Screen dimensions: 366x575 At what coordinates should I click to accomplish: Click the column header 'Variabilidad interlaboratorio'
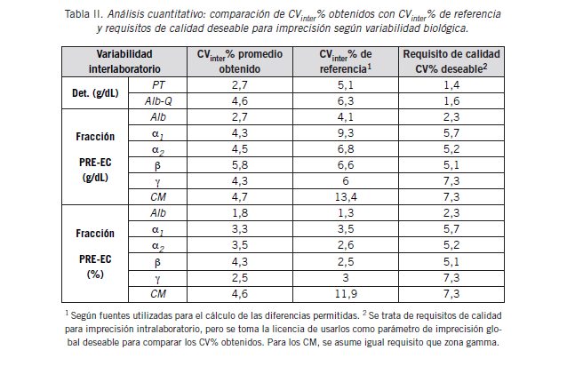[125, 61]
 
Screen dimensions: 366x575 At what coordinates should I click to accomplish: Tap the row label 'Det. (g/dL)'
[93, 93]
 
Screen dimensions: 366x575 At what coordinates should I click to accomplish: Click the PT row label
[158, 84]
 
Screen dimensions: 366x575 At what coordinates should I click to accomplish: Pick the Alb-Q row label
[158, 100]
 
